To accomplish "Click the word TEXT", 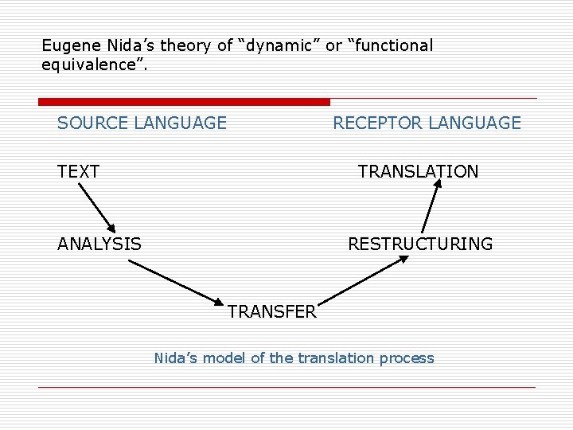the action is (78, 171).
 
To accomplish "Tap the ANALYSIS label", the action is (99, 244).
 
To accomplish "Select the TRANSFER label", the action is (271, 312).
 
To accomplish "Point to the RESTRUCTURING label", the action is (420, 244).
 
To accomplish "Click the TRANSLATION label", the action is (418, 171).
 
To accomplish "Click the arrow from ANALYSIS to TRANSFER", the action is (177, 283).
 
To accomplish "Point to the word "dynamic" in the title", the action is (279, 45).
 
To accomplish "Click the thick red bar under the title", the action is (184, 102).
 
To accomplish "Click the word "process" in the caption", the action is (407, 358).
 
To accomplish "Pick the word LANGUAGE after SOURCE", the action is (181, 123).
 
